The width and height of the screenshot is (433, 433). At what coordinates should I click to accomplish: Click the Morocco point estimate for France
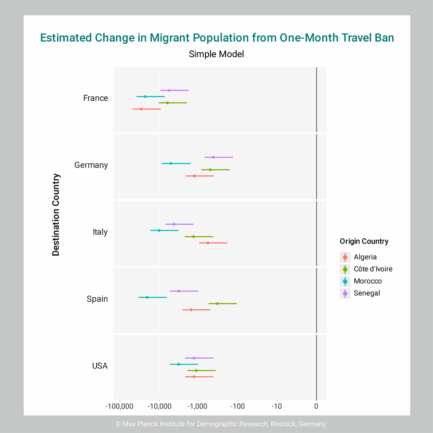tap(145, 96)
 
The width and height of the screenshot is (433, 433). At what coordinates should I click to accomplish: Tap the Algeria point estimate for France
tap(141, 109)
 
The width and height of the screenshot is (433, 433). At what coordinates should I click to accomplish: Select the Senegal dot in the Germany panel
tap(213, 157)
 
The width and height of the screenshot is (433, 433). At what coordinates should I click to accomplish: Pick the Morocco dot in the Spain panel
tap(147, 297)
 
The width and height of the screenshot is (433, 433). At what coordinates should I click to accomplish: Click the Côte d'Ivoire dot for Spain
tap(217, 303)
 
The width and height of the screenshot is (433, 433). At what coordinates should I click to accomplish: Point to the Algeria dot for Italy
tap(208, 243)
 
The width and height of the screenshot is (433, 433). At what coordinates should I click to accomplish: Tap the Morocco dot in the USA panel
tap(179, 364)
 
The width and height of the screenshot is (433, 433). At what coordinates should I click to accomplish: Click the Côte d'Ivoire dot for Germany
tap(210, 170)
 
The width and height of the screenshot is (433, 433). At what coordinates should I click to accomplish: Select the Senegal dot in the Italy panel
tap(174, 224)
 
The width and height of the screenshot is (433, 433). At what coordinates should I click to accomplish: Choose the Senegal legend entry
tap(367, 293)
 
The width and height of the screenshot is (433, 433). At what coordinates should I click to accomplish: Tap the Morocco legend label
tap(368, 281)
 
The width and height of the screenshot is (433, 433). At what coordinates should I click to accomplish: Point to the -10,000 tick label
tap(159, 406)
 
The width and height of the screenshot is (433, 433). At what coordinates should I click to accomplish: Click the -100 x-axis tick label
tap(238, 406)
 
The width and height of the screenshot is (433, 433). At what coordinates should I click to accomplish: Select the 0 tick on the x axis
tap(316, 406)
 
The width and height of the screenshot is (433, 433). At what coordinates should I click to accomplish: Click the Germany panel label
tap(91, 165)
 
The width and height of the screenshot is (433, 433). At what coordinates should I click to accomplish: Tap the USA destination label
tap(100, 366)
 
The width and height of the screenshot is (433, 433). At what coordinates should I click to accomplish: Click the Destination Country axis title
tap(56, 215)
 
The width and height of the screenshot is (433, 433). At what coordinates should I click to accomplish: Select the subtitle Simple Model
tap(216, 54)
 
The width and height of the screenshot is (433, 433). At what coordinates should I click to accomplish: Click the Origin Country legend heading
tap(364, 241)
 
